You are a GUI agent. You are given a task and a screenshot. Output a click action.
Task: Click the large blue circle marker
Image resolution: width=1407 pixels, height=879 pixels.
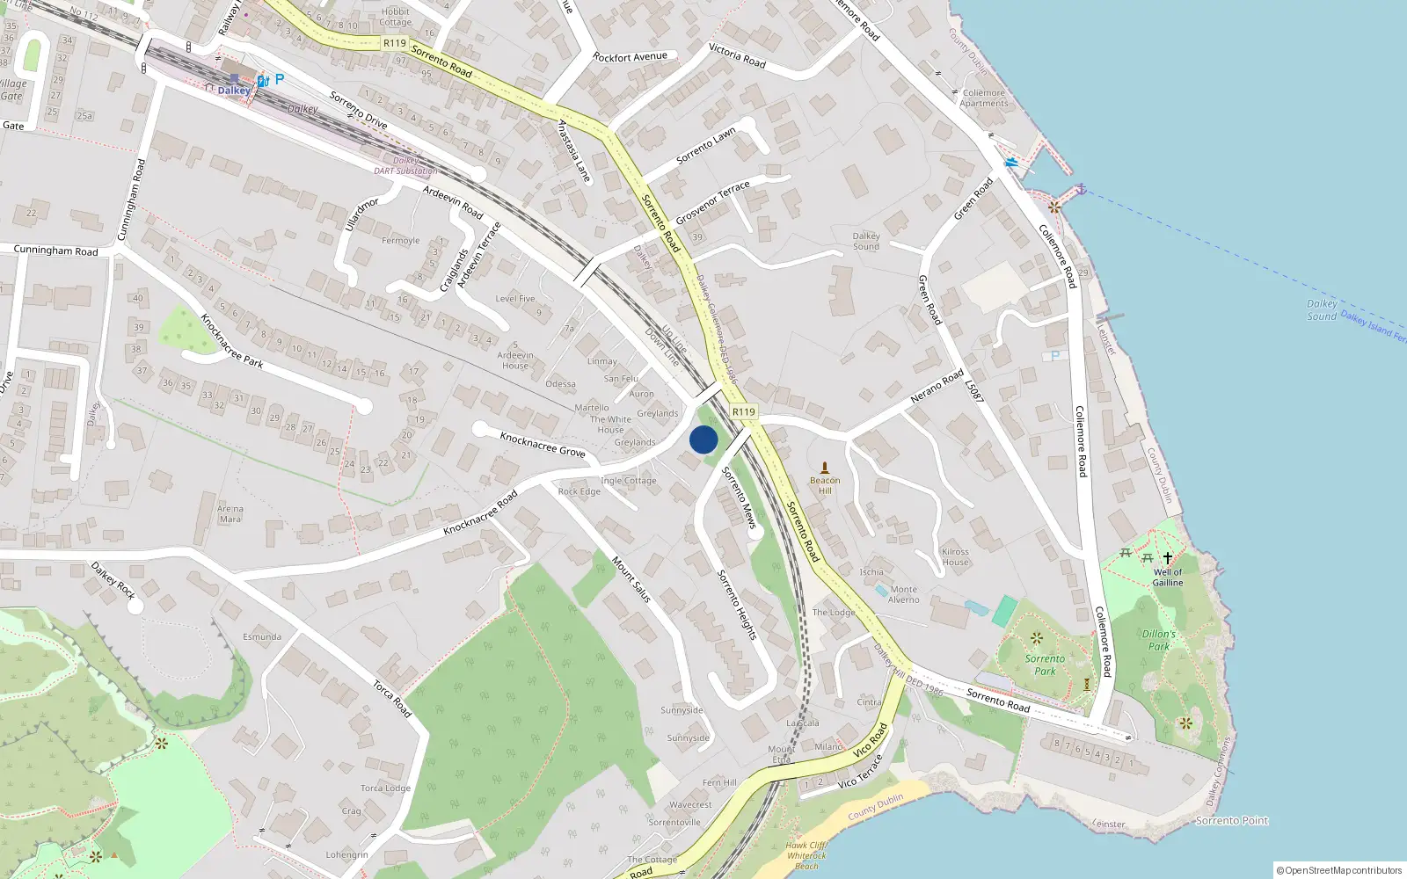coord(703,439)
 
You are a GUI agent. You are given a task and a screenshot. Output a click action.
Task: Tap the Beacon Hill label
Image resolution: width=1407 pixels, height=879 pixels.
coord(825,485)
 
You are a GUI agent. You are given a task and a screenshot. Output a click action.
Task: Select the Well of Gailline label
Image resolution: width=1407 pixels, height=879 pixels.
coord(1168,578)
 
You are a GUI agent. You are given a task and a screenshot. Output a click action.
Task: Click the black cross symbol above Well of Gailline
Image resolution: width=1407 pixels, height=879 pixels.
coord(1168,558)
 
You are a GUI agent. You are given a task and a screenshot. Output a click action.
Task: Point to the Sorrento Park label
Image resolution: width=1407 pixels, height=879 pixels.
coord(1045,665)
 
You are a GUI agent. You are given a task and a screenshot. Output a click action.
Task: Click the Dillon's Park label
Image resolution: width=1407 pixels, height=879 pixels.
coord(1159,640)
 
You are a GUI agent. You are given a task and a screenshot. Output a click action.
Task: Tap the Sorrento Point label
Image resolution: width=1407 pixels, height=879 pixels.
coord(1232,820)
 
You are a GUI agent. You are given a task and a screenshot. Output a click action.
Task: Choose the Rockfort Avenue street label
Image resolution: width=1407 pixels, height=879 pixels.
coord(630,57)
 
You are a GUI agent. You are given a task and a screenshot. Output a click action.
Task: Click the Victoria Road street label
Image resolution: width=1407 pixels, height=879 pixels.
coord(737,56)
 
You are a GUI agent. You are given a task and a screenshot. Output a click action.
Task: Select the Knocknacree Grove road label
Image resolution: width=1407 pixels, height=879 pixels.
coord(543,444)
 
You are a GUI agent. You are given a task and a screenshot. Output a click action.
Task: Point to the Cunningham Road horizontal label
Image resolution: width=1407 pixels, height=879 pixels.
coord(56,251)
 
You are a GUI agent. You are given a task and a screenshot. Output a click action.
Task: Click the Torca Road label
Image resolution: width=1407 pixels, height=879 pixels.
coord(392,699)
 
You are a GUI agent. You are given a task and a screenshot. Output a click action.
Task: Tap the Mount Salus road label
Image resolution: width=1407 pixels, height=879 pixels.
coord(631,579)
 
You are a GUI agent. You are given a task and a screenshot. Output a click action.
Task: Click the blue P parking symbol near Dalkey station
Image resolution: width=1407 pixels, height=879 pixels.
coord(280,79)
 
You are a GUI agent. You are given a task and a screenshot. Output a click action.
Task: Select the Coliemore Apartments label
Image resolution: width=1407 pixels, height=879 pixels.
coord(984,98)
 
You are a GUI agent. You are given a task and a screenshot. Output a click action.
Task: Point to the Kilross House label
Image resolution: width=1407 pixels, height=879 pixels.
coord(955,557)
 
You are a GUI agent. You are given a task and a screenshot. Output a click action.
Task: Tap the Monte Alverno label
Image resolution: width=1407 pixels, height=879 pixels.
coord(903,594)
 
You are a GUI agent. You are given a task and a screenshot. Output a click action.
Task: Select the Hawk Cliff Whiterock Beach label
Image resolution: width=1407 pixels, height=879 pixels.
coord(806,855)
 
